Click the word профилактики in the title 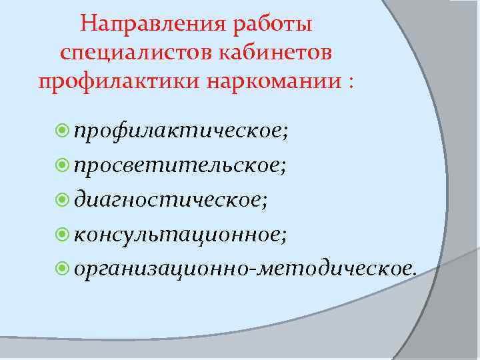tap(117, 83)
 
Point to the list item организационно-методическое tap(243, 267)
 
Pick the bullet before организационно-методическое tap(64, 268)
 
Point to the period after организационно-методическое tap(415, 271)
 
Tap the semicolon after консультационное tap(286, 235)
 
